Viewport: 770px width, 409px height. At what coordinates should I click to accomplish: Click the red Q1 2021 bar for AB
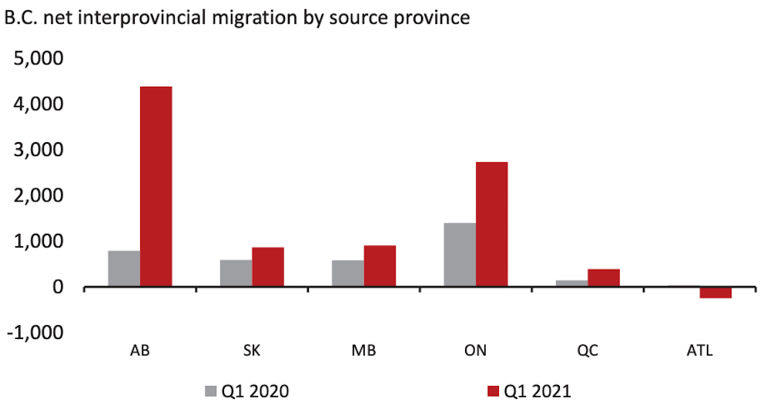[156, 187]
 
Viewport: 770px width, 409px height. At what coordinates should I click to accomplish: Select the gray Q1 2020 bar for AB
[124, 269]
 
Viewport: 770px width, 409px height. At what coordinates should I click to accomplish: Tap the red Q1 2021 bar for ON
[491, 224]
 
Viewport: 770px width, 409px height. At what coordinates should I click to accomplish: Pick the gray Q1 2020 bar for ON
[460, 255]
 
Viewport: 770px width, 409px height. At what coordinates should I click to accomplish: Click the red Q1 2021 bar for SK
[268, 268]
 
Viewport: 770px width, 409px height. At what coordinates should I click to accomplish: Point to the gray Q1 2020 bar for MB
[348, 274]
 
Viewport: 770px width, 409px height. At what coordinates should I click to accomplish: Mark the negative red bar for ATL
[715, 292]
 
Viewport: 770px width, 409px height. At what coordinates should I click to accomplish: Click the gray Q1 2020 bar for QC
[572, 284]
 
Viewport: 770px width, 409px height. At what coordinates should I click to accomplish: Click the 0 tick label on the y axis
[60, 288]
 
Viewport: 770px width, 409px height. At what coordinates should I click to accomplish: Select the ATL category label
[700, 351]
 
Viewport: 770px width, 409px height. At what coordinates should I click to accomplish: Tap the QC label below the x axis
[588, 351]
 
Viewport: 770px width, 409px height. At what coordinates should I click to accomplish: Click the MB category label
[364, 351]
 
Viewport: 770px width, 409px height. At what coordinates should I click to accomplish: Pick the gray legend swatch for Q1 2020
[209, 391]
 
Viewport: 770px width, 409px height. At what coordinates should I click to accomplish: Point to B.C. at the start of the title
[21, 18]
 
